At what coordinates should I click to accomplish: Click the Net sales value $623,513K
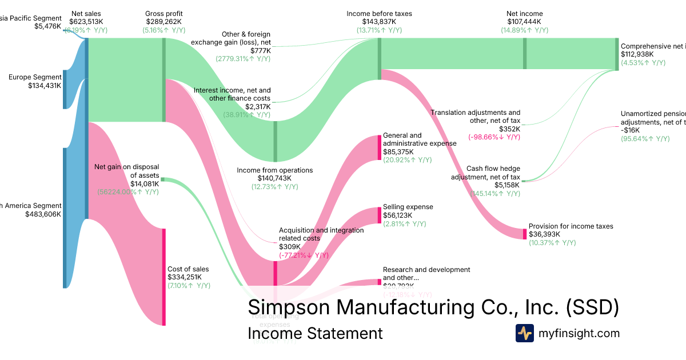[x=87, y=22]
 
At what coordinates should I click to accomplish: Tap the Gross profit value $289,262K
[x=165, y=22]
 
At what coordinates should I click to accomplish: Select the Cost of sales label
[x=188, y=269]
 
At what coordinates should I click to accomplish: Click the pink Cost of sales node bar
[x=164, y=277]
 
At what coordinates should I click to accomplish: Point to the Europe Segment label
[x=35, y=77]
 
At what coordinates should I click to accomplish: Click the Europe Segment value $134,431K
[x=45, y=86]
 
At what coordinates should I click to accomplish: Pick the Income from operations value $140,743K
[x=275, y=178]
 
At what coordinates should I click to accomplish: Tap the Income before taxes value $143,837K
[x=378, y=22]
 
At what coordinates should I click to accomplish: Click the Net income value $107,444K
[x=524, y=22]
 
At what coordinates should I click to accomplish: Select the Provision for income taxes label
[x=571, y=226]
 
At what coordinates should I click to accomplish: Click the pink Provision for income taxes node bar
[x=525, y=234]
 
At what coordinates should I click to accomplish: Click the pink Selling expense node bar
[x=379, y=215]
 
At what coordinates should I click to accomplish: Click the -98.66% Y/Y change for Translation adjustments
[x=494, y=137]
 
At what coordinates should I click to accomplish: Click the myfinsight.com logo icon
[x=524, y=333]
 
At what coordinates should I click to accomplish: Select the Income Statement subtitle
[x=315, y=333]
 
